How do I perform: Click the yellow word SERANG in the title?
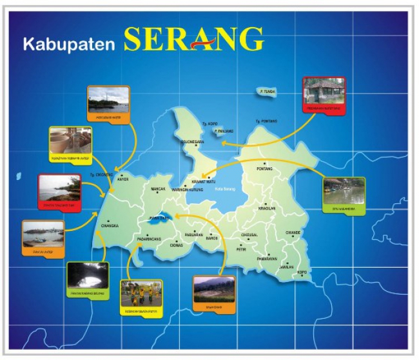click(x=194, y=40)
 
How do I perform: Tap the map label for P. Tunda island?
click(x=268, y=92)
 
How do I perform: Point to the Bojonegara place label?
click(x=193, y=141)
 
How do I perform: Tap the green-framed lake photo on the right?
click(x=344, y=193)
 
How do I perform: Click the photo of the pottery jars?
click(x=71, y=141)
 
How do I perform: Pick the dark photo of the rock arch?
click(x=88, y=277)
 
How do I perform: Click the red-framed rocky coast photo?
click(x=59, y=190)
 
